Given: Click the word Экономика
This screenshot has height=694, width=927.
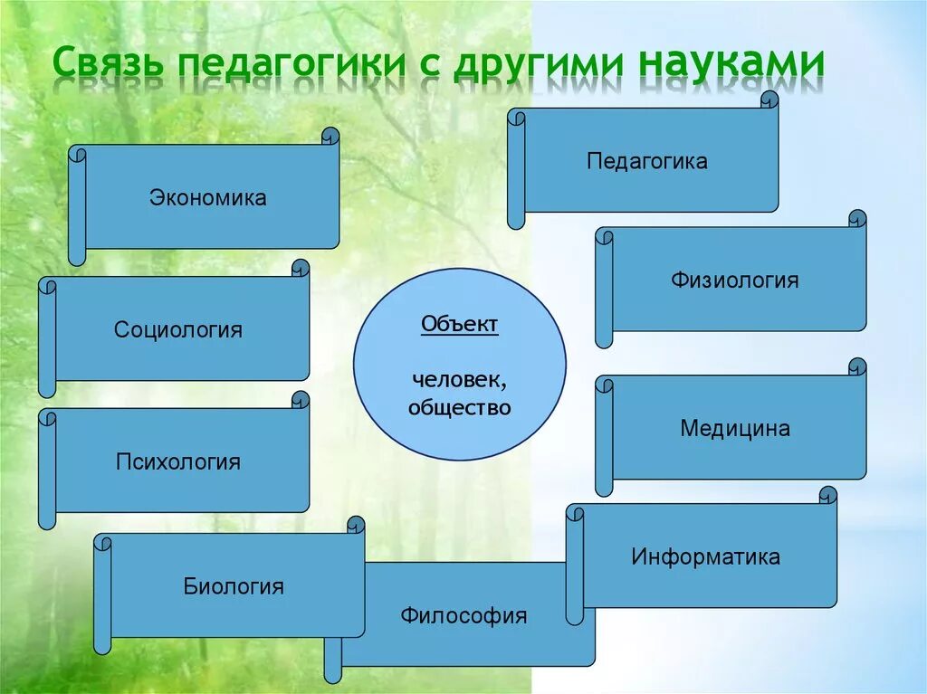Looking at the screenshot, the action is point(207,197).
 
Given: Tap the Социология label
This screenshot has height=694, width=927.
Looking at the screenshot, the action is point(178,330).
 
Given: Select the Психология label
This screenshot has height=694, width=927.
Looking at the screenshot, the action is point(178,461).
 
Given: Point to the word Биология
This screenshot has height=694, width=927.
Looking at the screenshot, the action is point(234,586).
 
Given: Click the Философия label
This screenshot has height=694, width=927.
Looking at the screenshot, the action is point(463,616).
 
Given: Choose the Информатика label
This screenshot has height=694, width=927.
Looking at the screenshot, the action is point(705,556).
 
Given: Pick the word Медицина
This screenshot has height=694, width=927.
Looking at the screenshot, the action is point(735,428).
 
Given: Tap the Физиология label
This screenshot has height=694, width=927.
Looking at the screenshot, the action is point(734,280).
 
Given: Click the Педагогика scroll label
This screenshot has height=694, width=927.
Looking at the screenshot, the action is point(646,161).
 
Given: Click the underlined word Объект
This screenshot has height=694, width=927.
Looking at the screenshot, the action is point(459,324).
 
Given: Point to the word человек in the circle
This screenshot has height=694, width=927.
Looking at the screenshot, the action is point(459,380).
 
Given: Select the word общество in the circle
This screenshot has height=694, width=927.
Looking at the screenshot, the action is point(459,408).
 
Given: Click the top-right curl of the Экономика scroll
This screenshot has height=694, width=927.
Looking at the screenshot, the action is point(330,136).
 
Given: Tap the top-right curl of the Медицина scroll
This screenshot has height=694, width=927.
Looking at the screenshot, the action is point(857,366).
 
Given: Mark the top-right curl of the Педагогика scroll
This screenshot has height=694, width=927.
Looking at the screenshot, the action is point(769,100).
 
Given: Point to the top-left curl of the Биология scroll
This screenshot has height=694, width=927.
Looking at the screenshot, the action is point(103,543).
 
